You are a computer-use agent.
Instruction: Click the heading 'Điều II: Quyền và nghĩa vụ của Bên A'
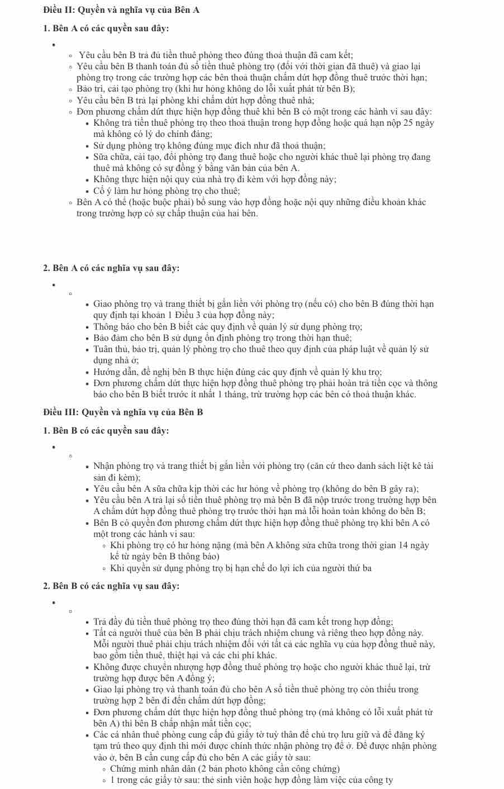point(121,10)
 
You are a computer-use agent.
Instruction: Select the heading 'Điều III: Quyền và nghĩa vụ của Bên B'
point(123,412)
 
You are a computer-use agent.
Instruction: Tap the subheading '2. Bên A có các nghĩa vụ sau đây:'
point(111,268)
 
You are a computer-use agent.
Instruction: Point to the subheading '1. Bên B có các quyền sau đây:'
point(106,431)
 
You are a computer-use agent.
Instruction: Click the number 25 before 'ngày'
point(408,123)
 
